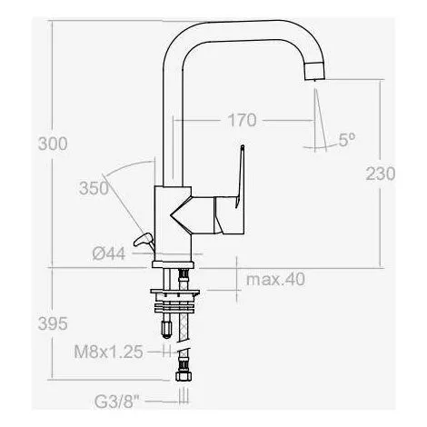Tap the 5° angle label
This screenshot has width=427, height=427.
click(346, 141)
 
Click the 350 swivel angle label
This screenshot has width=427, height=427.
click(94, 188)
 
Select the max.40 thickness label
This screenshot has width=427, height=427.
click(275, 279)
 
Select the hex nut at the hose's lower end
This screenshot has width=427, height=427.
click(183, 374)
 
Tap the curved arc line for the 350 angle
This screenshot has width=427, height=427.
click(124, 168)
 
